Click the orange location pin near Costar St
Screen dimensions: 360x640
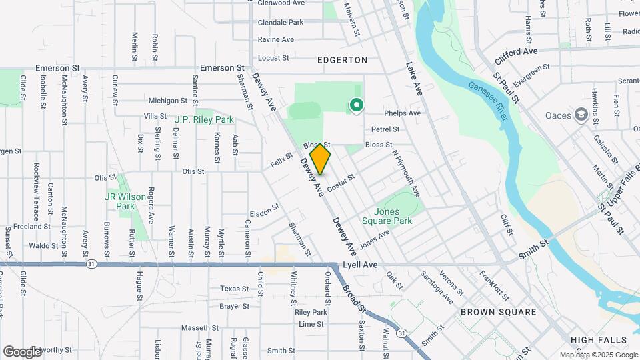(x=321, y=159)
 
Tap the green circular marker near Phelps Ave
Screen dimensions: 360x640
(x=357, y=105)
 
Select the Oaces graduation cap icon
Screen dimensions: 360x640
(x=581, y=115)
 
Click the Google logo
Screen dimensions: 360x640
(x=22, y=351)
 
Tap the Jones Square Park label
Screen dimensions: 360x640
(x=387, y=216)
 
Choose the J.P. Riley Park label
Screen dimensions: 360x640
(x=204, y=120)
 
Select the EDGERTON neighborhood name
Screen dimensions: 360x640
(x=343, y=60)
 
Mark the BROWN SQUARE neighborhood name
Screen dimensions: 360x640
(x=499, y=312)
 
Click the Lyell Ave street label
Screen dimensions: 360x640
(x=360, y=265)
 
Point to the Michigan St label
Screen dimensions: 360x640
(x=167, y=101)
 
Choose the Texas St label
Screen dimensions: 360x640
(x=234, y=289)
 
